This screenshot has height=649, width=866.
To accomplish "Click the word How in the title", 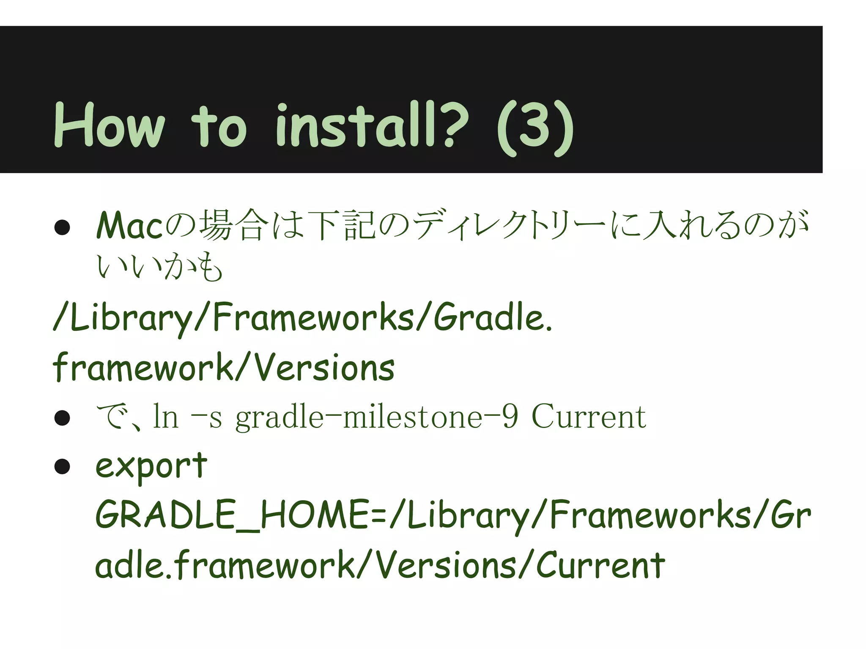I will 109,125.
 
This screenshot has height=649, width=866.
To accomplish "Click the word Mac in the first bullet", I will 130,226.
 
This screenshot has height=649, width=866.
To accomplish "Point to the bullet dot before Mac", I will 62,227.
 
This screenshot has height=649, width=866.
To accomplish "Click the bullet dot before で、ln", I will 62,418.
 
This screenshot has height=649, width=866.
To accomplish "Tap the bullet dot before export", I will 62,467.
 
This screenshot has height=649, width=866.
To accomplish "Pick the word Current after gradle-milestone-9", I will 589,417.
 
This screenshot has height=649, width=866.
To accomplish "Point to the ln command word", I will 165,417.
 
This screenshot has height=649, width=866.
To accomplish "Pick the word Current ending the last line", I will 600,565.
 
